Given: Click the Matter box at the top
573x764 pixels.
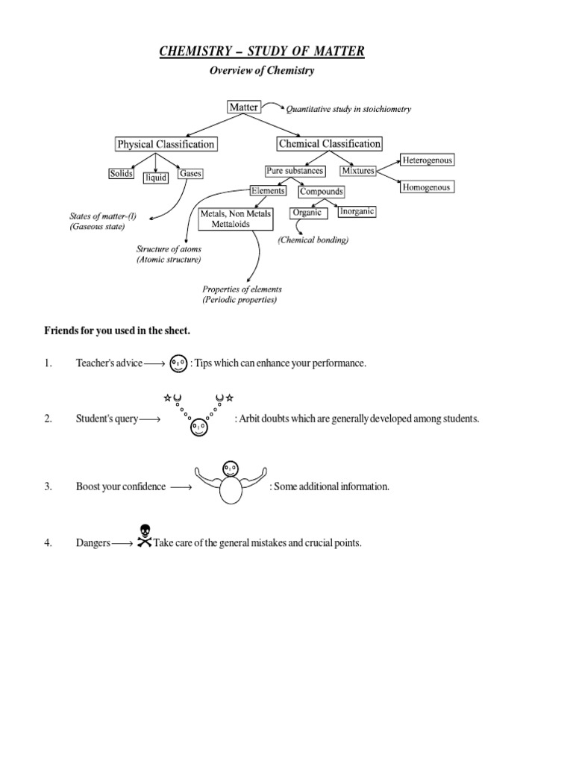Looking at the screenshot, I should [243, 107].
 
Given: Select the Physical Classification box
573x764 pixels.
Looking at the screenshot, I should [166, 144].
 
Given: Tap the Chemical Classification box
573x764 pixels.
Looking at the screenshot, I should [329, 143].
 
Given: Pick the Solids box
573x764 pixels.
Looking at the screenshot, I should [122, 174].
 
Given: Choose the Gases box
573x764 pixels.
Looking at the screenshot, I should [190, 174].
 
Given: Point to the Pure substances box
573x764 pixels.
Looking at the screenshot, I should [295, 171].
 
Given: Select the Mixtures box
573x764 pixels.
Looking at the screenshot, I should [357, 171].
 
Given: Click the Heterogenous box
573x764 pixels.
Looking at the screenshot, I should [427, 160].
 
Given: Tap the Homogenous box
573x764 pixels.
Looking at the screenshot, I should [426, 187].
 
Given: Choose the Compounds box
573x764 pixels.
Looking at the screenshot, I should [321, 192].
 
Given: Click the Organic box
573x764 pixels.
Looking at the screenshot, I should [307, 213].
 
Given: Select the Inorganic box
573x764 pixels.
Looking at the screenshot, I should [357, 212].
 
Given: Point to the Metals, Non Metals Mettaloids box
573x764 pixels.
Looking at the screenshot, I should [236, 219].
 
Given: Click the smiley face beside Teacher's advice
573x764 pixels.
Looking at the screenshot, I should [178, 364].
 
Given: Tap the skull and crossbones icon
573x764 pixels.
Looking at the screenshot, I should [144, 542].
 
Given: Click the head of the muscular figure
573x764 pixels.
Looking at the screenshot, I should [231, 469].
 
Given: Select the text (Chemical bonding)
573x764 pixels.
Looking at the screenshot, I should [313, 240].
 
